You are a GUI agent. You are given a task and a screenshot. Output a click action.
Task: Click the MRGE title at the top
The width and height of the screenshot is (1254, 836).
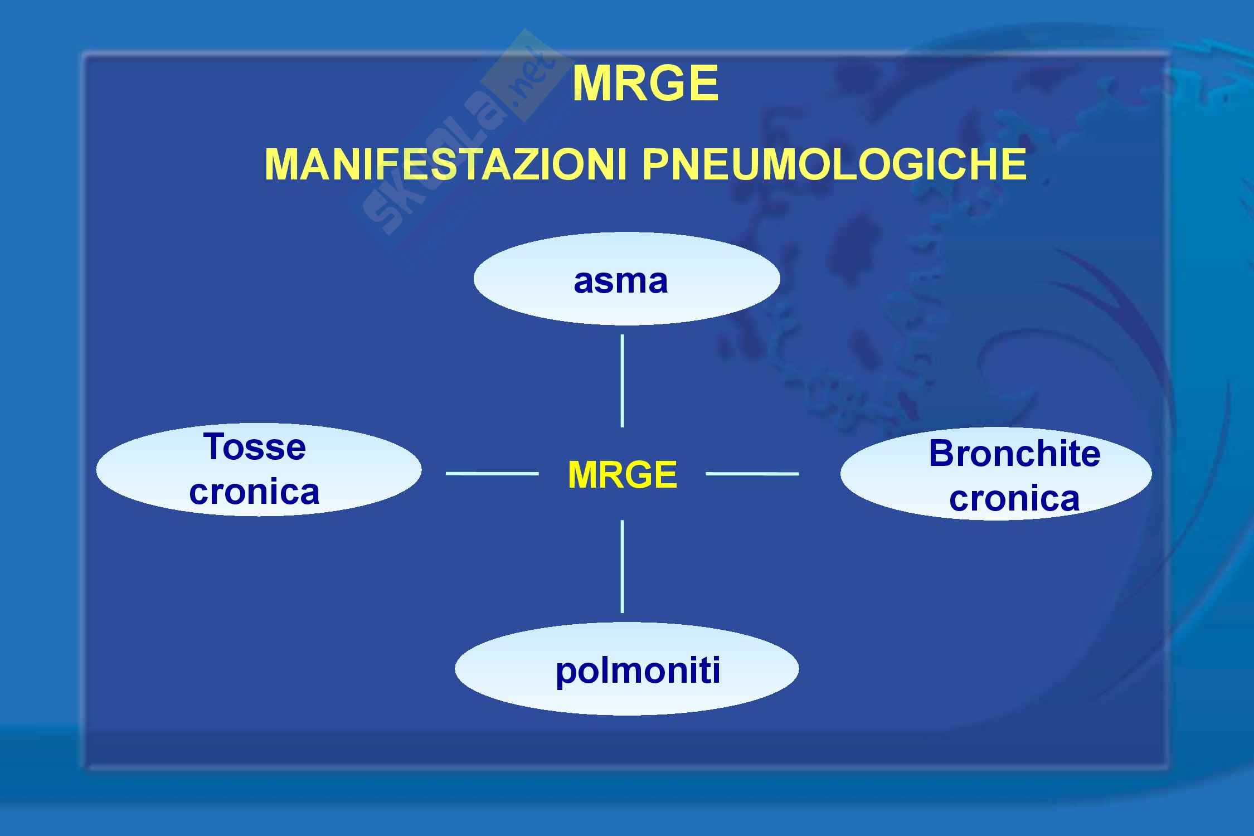pos(645,84)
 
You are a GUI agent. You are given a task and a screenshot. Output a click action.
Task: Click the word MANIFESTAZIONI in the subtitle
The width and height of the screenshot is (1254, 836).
pos(446,165)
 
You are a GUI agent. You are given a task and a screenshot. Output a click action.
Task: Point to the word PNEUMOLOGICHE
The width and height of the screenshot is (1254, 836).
pos(834,165)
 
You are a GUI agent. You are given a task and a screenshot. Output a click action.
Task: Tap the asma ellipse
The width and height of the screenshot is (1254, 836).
pos(626,279)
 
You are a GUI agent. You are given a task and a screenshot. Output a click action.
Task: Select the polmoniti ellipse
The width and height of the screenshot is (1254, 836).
pos(626,669)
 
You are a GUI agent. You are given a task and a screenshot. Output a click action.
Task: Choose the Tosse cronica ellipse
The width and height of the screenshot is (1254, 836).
pos(259,469)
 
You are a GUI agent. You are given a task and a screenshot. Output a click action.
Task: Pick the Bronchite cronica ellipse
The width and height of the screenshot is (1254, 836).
pos(996,474)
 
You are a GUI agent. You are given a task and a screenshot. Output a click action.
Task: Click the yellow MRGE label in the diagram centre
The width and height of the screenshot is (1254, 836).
pos(623,475)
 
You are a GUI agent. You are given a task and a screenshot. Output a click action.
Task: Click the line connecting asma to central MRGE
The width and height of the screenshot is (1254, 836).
pos(622,381)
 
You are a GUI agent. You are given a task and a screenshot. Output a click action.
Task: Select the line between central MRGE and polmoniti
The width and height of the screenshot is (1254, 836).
pos(622,566)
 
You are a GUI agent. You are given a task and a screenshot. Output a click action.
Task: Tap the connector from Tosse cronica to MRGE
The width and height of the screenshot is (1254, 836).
pos(492,474)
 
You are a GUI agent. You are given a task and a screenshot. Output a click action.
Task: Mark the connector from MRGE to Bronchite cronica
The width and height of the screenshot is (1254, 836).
pos(752,474)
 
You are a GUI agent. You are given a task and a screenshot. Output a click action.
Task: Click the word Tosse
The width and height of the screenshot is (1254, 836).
pos(255,447)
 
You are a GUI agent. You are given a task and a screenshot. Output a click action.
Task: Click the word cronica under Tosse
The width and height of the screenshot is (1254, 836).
pos(255,492)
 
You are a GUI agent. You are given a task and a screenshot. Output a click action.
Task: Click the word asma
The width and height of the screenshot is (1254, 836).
pos(620,281)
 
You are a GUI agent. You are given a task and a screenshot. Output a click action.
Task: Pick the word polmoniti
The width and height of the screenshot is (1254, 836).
pos(638,670)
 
